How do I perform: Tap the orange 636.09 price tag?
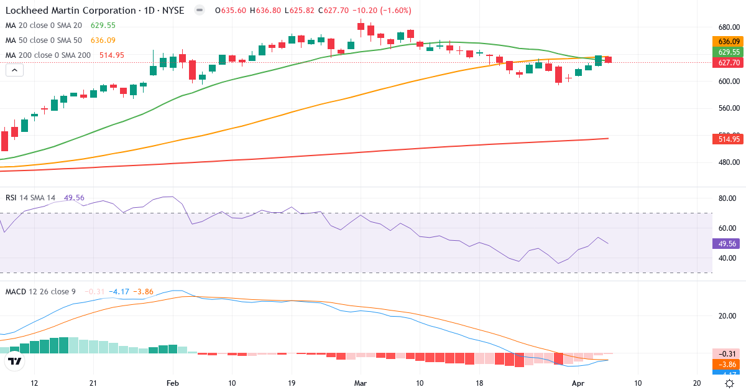point(727,42)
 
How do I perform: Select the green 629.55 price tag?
point(727,52)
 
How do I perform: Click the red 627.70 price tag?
point(727,63)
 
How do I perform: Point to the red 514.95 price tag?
point(727,139)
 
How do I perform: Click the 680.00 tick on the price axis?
point(728,27)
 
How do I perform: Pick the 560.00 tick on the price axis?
point(728,108)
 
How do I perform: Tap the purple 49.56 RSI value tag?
point(727,243)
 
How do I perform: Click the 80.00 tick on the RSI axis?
point(727,198)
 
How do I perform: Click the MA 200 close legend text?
point(48,55)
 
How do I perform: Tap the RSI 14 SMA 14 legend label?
point(30,197)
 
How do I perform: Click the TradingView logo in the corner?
point(15,362)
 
